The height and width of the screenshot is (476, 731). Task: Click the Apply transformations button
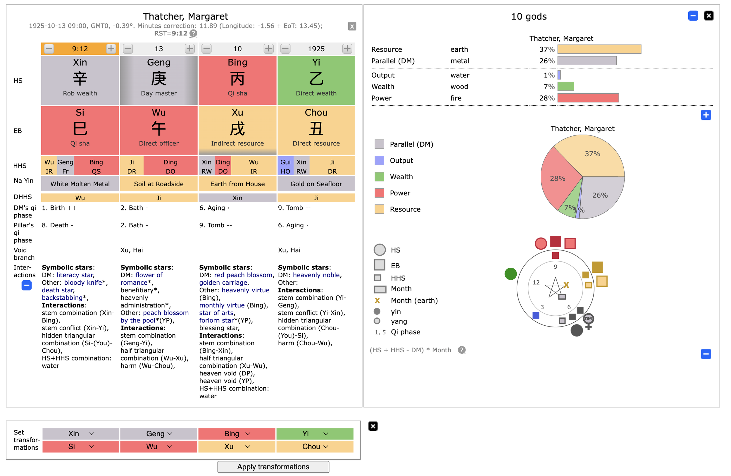(x=273, y=466)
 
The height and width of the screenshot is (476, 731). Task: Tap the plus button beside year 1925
(x=347, y=49)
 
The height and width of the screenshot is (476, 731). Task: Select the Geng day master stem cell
(x=158, y=80)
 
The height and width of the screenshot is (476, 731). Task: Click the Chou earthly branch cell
(x=316, y=130)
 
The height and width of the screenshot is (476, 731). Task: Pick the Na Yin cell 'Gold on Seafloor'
(x=316, y=184)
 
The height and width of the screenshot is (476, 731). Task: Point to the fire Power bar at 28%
(x=588, y=98)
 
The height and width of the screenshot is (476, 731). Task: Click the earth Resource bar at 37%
(x=599, y=49)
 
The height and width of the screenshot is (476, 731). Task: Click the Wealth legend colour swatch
(x=379, y=177)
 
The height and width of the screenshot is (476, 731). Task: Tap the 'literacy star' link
(x=75, y=275)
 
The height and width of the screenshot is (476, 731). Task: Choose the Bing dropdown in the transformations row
(x=237, y=434)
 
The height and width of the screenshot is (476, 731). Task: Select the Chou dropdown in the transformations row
(x=315, y=446)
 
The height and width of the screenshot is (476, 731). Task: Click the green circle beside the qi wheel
(x=511, y=274)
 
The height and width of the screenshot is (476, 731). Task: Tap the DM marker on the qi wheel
(x=588, y=319)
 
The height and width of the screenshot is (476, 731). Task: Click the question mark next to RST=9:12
(x=193, y=33)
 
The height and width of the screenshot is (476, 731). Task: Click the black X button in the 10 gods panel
(x=708, y=16)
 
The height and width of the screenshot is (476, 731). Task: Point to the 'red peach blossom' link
(x=243, y=275)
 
